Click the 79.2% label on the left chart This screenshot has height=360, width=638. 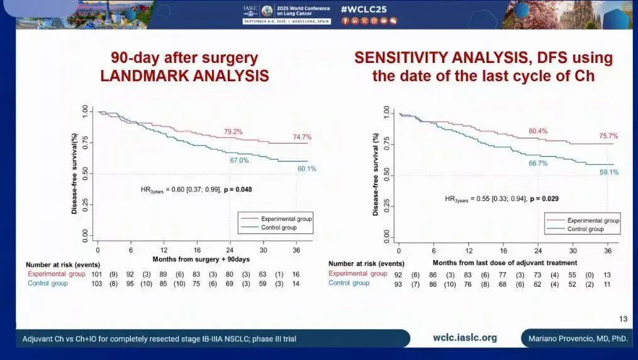click(x=233, y=132)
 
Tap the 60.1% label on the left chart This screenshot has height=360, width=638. click(x=306, y=169)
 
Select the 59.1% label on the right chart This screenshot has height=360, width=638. click(x=608, y=172)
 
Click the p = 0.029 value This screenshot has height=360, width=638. click(x=544, y=198)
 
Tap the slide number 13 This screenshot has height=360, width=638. click(x=624, y=319)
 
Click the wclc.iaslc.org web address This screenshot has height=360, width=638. click(x=465, y=338)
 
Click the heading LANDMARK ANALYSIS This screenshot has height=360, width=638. click(x=184, y=76)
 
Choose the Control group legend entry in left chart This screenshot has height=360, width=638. click(x=279, y=227)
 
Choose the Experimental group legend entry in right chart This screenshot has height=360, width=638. click(x=593, y=221)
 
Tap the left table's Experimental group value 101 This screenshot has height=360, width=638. click(x=97, y=274)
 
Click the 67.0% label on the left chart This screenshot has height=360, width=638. click(x=239, y=160)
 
